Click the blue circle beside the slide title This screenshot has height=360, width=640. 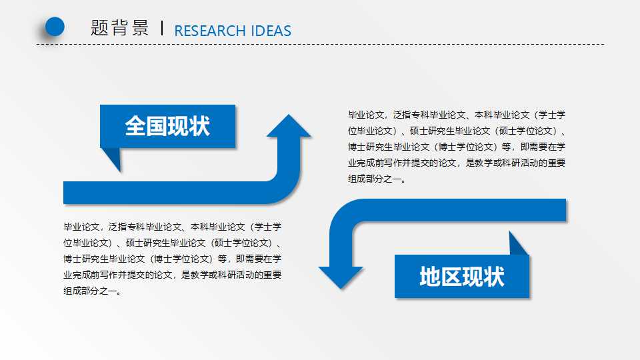click(x=54, y=26)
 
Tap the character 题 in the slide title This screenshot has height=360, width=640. click(x=100, y=28)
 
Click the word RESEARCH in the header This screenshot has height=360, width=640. click(x=209, y=31)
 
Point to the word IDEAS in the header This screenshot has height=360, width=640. click(x=271, y=31)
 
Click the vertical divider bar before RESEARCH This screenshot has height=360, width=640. click(x=163, y=28)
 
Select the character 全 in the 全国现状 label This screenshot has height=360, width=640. click(x=135, y=126)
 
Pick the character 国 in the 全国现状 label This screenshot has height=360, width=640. click(x=157, y=126)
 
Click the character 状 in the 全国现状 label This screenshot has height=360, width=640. click(x=199, y=126)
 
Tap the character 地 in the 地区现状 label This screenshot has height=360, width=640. click(x=430, y=277)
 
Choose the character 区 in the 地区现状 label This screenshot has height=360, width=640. click(x=451, y=277)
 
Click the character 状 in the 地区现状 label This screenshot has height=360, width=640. click(x=494, y=277)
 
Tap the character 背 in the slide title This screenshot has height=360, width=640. click(x=120, y=28)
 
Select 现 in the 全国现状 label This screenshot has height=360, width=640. click(x=178, y=126)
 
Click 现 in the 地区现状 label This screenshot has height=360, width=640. click(x=473, y=277)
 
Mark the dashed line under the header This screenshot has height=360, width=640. click(x=320, y=45)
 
